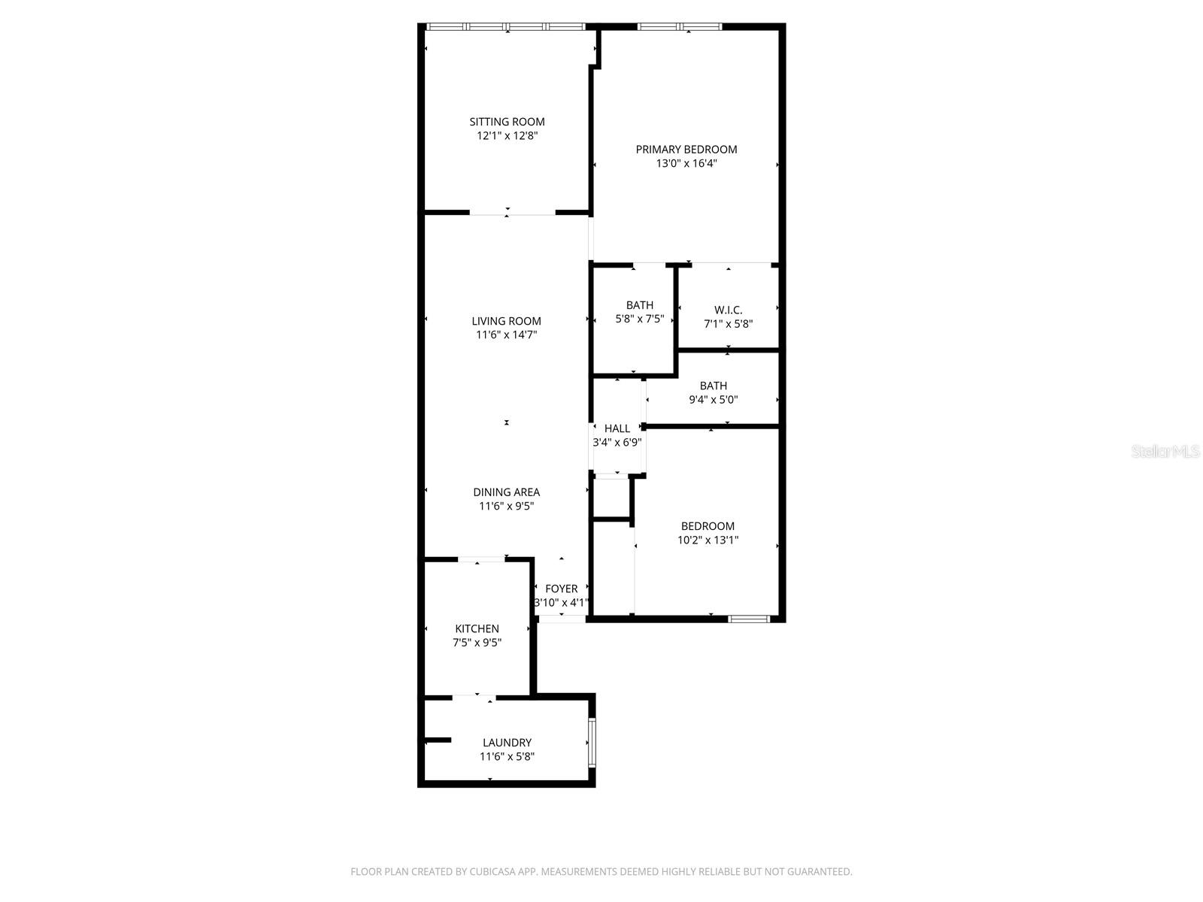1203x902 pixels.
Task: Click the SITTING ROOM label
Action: tap(507, 122)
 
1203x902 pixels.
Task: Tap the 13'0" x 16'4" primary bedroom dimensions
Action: tap(686, 163)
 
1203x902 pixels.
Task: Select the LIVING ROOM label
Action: tap(506, 321)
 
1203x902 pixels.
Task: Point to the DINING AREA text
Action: tap(506, 492)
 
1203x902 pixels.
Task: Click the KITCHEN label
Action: tap(477, 628)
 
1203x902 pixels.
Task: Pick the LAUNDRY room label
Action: tap(507, 743)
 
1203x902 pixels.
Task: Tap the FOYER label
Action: tap(561, 589)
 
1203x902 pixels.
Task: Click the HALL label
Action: tap(617, 428)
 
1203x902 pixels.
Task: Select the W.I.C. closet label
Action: tap(728, 310)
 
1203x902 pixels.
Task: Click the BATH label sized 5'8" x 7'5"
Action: tap(639, 305)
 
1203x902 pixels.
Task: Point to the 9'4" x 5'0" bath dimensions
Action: tap(713, 400)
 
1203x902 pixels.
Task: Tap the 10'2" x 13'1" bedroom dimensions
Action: tap(708, 540)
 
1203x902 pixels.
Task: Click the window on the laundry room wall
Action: tap(592, 743)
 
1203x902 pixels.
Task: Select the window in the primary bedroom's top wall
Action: tap(680, 27)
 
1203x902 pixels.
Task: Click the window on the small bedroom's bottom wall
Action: tap(749, 619)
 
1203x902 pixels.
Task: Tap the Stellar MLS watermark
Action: tap(1165, 452)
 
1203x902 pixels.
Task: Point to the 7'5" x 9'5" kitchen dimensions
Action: tap(477, 643)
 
